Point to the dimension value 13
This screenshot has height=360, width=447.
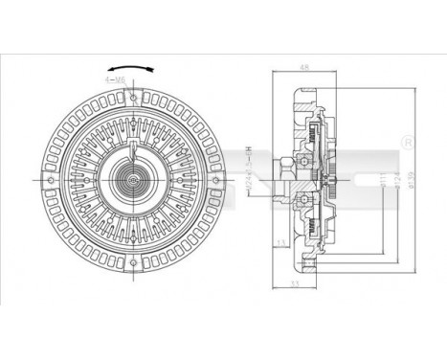pos(279,242)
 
